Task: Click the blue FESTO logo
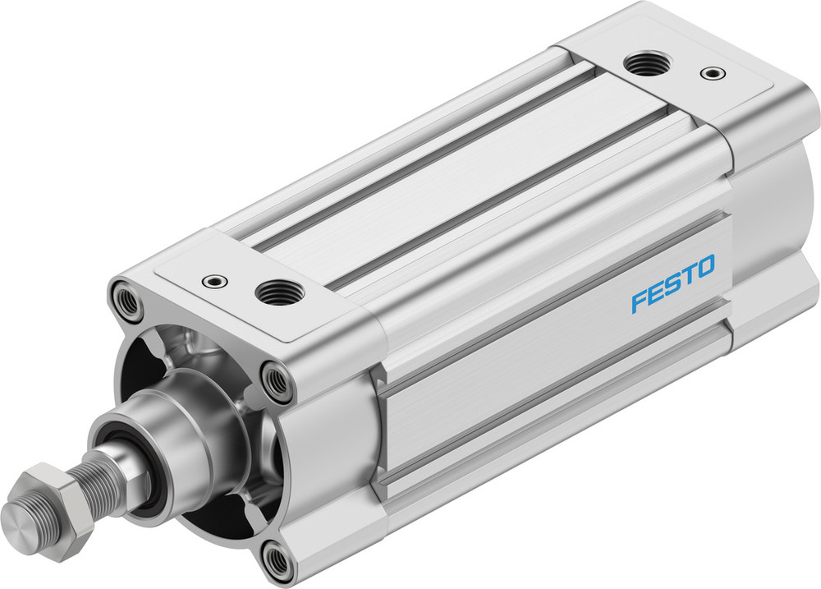[x=672, y=283]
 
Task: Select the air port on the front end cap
[x=279, y=292]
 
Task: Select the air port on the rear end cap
[x=646, y=62]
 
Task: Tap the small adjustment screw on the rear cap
[x=712, y=74]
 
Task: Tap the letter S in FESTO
[x=671, y=284]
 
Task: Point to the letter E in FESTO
[x=654, y=293]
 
